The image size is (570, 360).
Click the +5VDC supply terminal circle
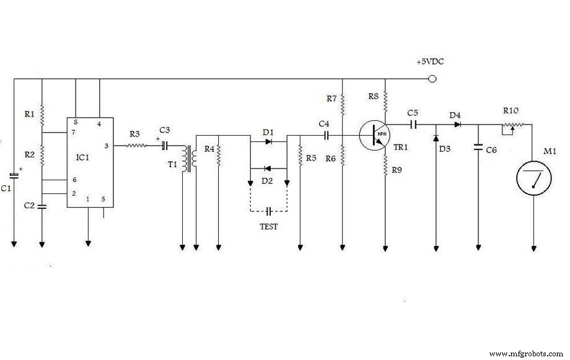(432, 79)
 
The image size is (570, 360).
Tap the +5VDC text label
(430, 62)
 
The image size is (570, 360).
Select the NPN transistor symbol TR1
(375, 135)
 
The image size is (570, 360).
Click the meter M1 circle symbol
(533, 178)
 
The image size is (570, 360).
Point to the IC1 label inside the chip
(82, 157)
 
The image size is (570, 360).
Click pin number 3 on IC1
(107, 146)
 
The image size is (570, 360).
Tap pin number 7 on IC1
(74, 133)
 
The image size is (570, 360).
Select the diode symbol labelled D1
(269, 141)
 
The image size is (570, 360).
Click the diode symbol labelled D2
(268, 169)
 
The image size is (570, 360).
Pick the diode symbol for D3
(436, 138)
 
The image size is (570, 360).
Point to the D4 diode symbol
(458, 125)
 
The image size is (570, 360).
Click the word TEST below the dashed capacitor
(269, 227)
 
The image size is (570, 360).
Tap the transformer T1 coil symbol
(190, 159)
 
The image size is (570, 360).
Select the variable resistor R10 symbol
(513, 127)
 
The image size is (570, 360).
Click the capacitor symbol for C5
(413, 125)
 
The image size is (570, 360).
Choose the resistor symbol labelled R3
(137, 146)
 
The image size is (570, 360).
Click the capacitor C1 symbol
(14, 176)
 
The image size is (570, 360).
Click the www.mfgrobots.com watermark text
(526, 353)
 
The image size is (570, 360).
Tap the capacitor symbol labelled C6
(478, 147)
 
